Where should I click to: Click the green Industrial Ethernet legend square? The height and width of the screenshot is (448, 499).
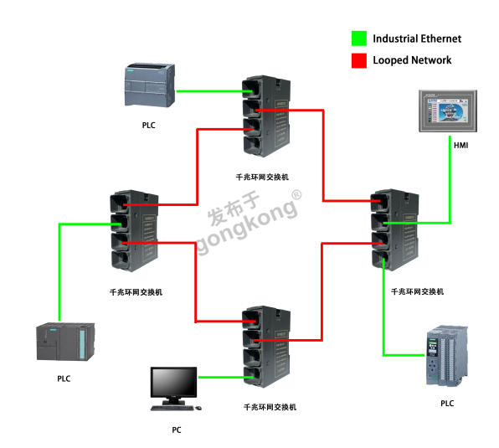coord(358,39)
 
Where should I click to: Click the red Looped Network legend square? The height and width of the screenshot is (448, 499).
coord(358,60)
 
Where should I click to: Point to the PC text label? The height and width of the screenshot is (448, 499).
coord(176,430)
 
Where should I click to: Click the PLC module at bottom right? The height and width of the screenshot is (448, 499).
coord(445,354)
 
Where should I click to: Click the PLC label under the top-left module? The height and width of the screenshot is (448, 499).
coord(148,125)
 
